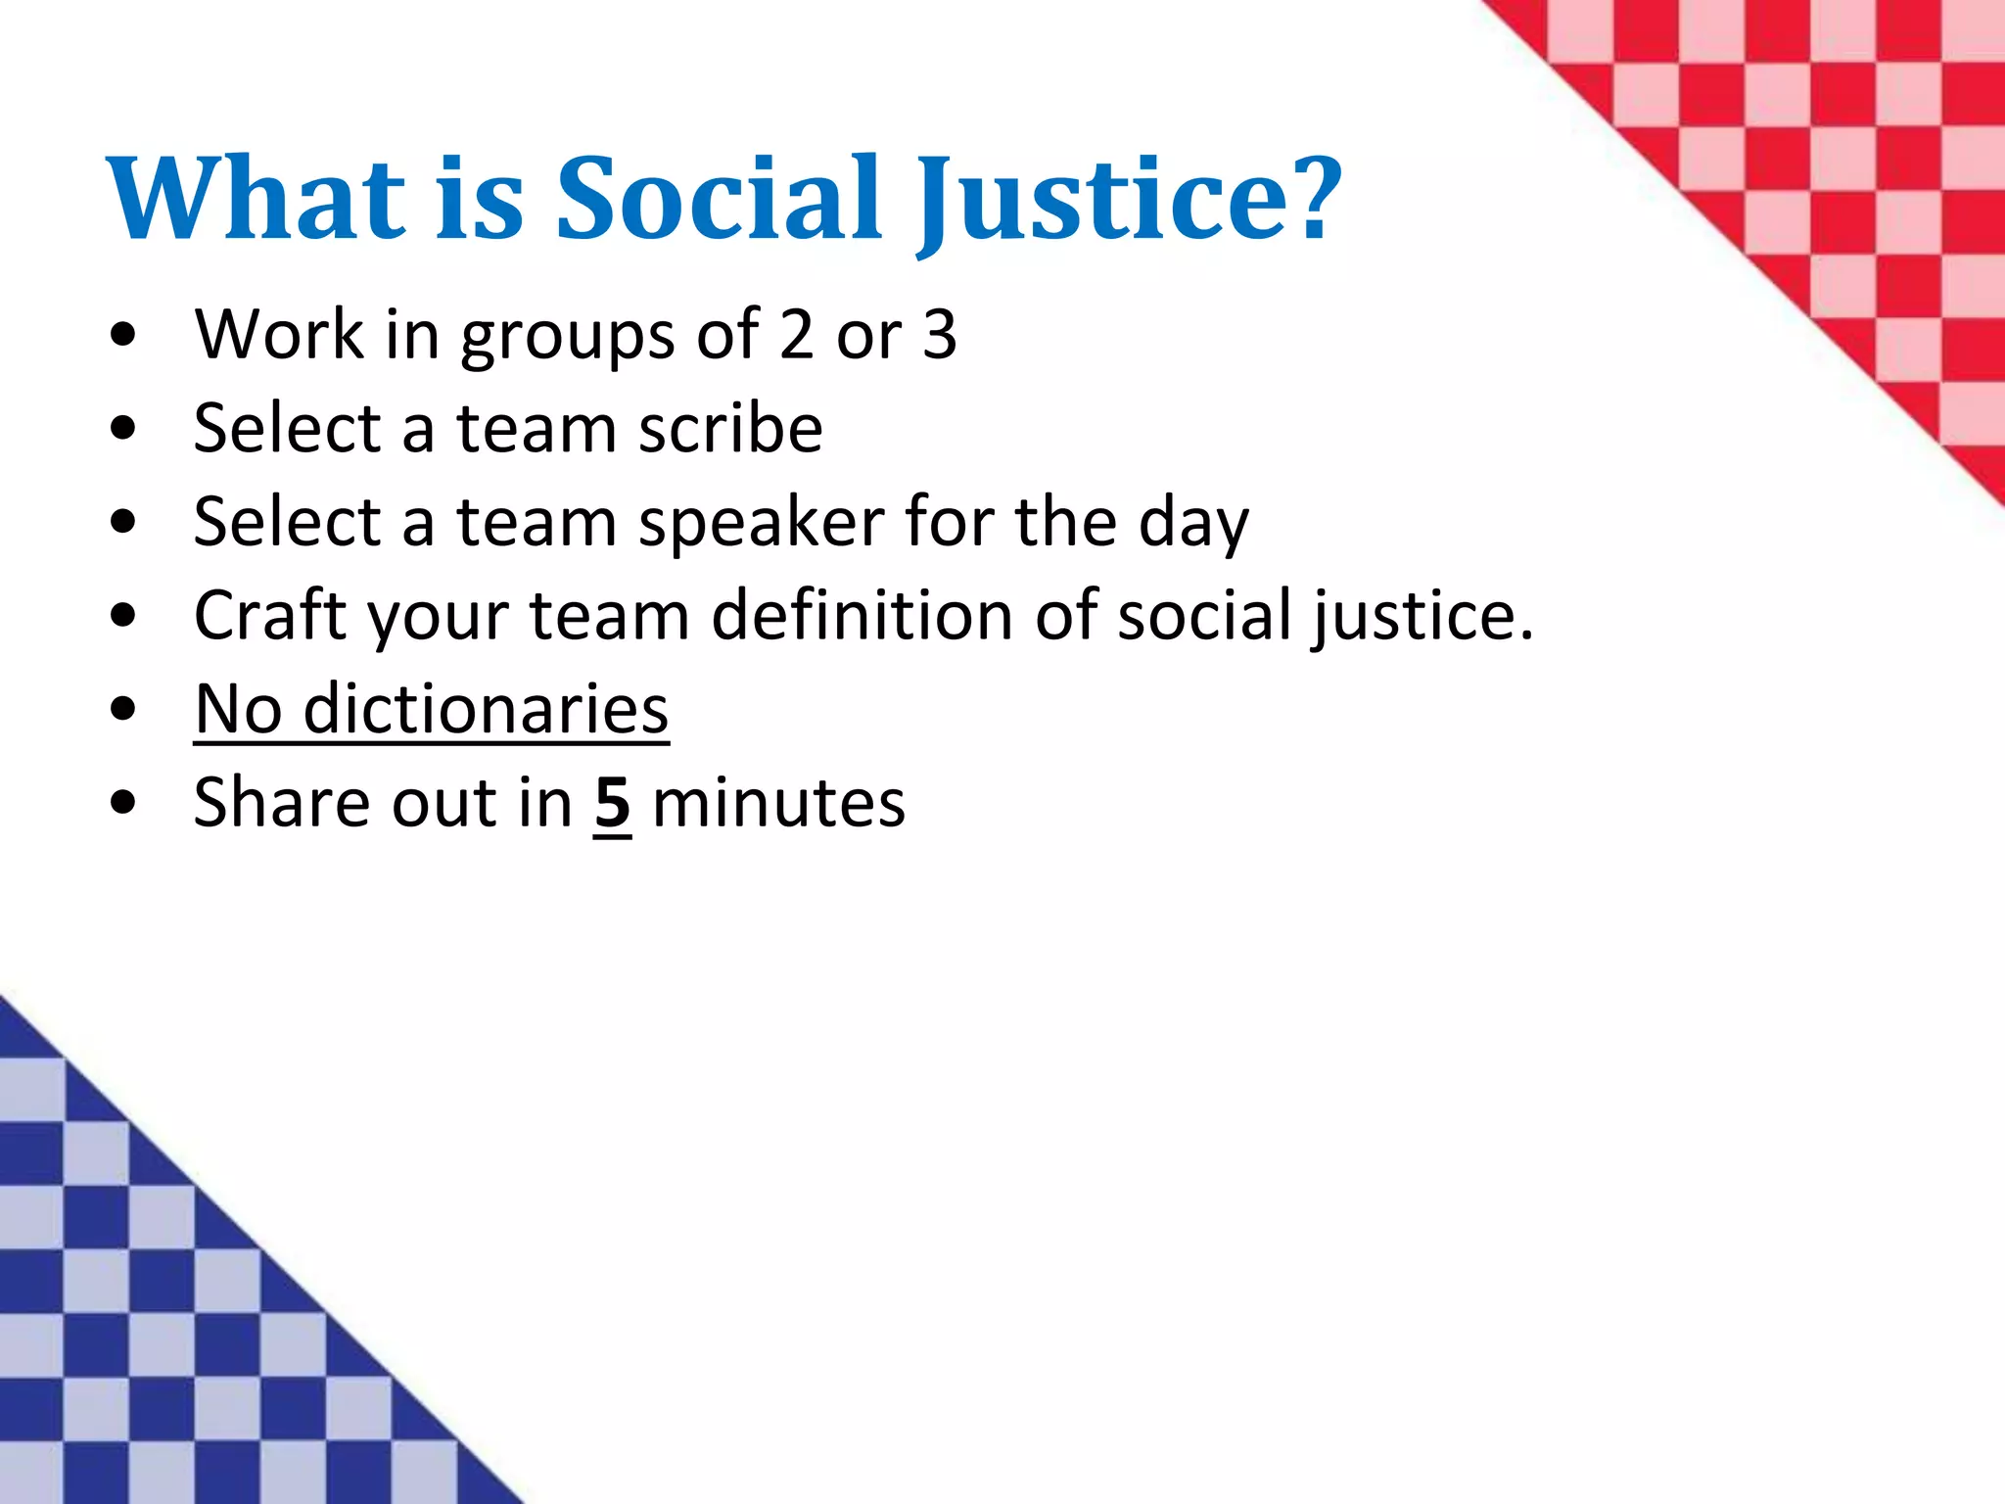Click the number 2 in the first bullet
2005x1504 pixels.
coord(797,335)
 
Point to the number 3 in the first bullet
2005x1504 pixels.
coord(939,335)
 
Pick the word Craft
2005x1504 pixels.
coord(270,616)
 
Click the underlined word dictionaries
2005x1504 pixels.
coord(486,709)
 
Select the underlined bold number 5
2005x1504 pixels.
coord(613,804)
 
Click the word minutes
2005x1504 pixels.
coord(778,804)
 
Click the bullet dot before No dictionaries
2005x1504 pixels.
coord(123,709)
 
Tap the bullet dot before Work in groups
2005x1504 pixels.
coord(123,336)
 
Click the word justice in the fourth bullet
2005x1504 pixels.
coord(1421,616)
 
